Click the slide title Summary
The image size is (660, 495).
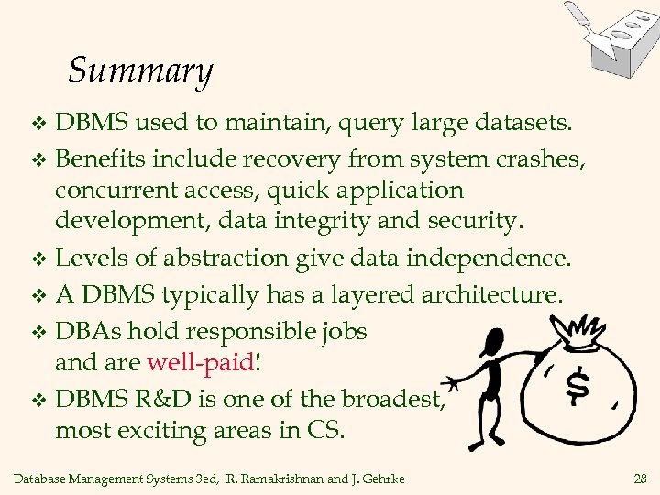140,71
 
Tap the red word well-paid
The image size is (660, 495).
201,362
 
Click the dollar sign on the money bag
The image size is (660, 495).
577,386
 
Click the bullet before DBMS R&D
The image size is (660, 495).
38,399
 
